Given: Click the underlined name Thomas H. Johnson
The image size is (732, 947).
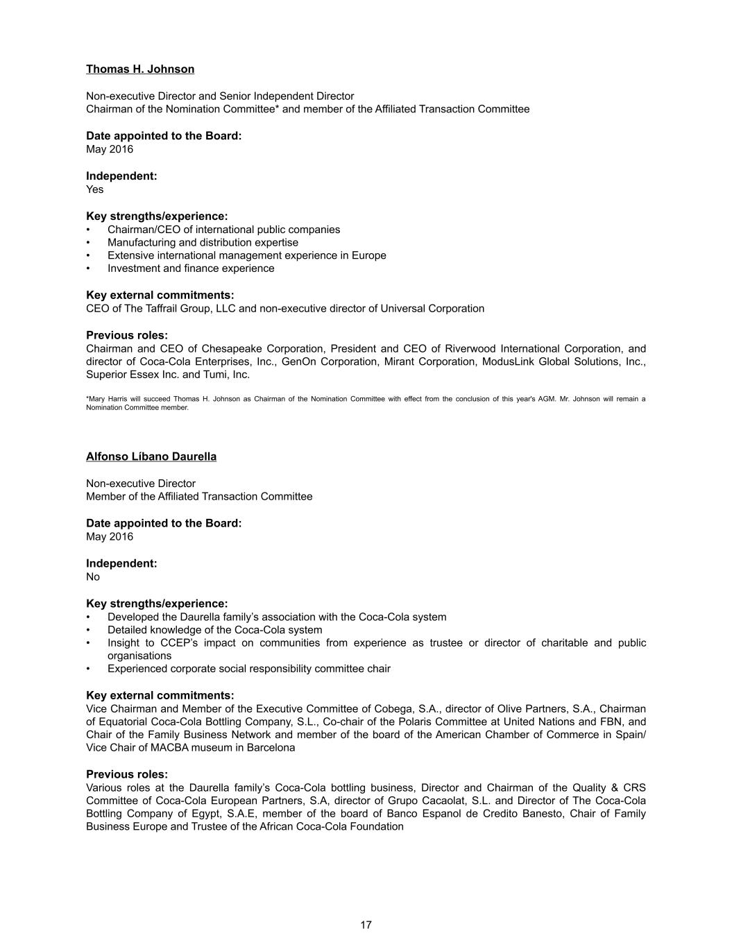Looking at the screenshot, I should (x=140, y=69).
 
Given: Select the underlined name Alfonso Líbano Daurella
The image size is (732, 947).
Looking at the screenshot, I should (x=151, y=457).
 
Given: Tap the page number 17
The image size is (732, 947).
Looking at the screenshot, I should (x=366, y=925).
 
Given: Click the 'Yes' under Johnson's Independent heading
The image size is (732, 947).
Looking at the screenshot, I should (x=95, y=189).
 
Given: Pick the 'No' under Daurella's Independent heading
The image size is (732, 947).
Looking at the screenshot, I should (x=93, y=577).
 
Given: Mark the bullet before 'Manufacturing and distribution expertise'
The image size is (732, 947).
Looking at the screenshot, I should (x=88, y=243).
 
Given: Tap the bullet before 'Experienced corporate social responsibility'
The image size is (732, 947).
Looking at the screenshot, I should (x=88, y=669).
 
